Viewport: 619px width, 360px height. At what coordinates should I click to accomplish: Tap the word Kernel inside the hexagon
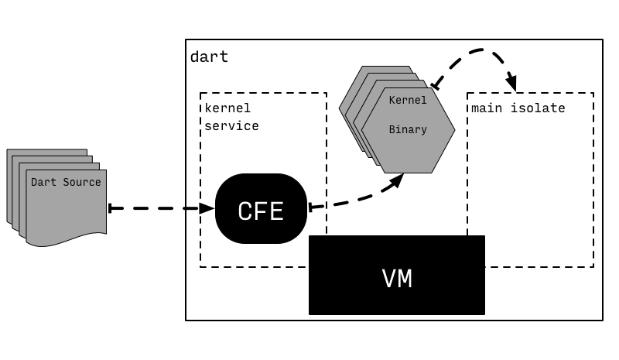point(407,101)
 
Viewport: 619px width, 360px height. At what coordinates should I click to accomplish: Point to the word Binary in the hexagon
point(407,129)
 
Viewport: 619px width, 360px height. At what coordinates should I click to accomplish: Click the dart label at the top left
point(209,57)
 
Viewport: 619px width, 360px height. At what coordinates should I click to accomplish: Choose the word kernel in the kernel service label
point(227,108)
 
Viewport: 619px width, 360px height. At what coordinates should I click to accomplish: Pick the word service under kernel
point(231,125)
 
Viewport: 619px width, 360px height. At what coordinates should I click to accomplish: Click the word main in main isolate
point(485,108)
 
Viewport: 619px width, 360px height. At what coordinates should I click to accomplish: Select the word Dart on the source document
point(43,182)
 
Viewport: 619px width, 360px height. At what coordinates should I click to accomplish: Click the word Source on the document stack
point(81,182)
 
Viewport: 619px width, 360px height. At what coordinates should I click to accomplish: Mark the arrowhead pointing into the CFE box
point(207,208)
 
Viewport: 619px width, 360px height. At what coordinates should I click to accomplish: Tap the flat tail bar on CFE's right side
point(309,207)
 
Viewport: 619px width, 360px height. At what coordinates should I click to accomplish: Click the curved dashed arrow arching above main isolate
point(480,51)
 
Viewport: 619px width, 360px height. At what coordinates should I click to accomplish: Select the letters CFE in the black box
point(261,211)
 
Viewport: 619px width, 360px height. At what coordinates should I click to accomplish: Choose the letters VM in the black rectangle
point(396,279)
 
